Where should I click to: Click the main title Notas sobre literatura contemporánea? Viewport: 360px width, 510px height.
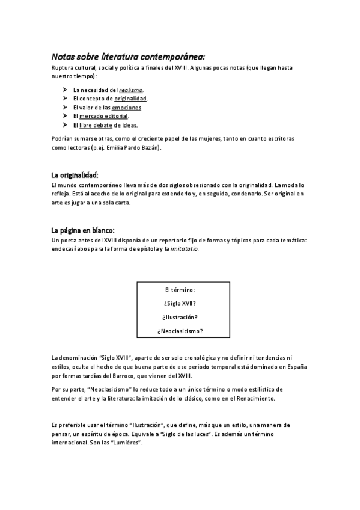128,57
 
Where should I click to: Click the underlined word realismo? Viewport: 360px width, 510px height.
131,89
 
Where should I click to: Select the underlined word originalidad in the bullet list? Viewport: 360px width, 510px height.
130,98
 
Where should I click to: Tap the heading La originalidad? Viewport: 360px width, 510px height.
75,174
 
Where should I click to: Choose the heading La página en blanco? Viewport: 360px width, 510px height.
79,230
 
